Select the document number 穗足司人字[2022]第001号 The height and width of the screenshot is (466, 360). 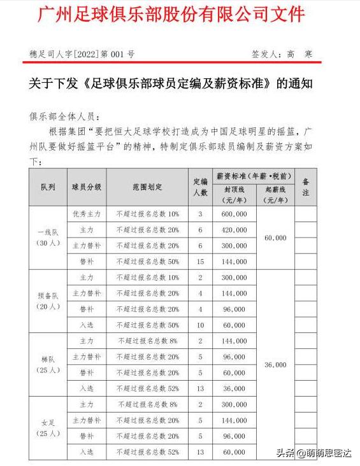point(82,55)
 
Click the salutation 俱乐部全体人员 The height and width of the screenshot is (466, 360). point(62,117)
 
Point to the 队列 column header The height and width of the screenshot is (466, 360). point(48,188)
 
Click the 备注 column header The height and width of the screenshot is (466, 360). point(305,188)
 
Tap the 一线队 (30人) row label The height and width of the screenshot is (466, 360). point(48,237)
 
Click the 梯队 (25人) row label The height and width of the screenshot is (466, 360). point(48,364)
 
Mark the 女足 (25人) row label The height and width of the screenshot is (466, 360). point(48,428)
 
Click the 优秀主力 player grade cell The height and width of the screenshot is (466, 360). point(87,214)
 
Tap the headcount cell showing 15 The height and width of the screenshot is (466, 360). point(200,262)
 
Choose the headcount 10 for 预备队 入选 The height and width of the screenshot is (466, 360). point(200,325)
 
